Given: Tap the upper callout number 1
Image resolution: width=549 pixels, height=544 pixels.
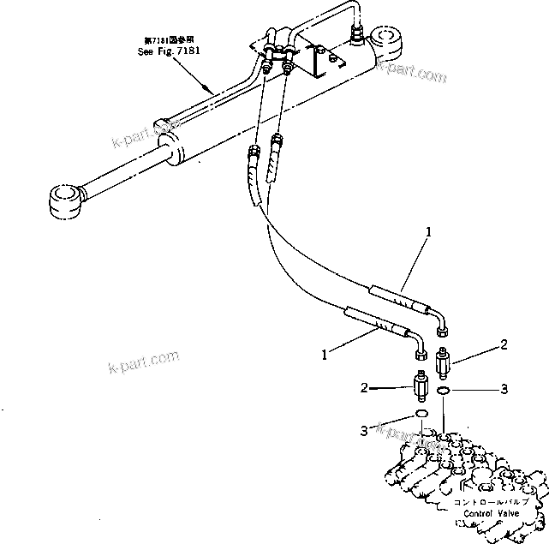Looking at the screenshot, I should click(x=428, y=231).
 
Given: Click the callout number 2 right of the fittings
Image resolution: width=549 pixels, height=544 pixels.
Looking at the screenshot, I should click(x=504, y=344).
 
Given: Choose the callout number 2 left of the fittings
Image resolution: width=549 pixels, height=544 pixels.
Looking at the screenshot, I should click(x=364, y=388).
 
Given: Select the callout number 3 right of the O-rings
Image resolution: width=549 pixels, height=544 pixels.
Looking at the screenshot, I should click(x=504, y=389).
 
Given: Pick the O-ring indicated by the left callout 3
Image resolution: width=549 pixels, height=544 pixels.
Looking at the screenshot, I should click(x=421, y=415).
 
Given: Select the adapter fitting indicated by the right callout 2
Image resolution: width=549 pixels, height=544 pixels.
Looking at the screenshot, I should click(x=444, y=366).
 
